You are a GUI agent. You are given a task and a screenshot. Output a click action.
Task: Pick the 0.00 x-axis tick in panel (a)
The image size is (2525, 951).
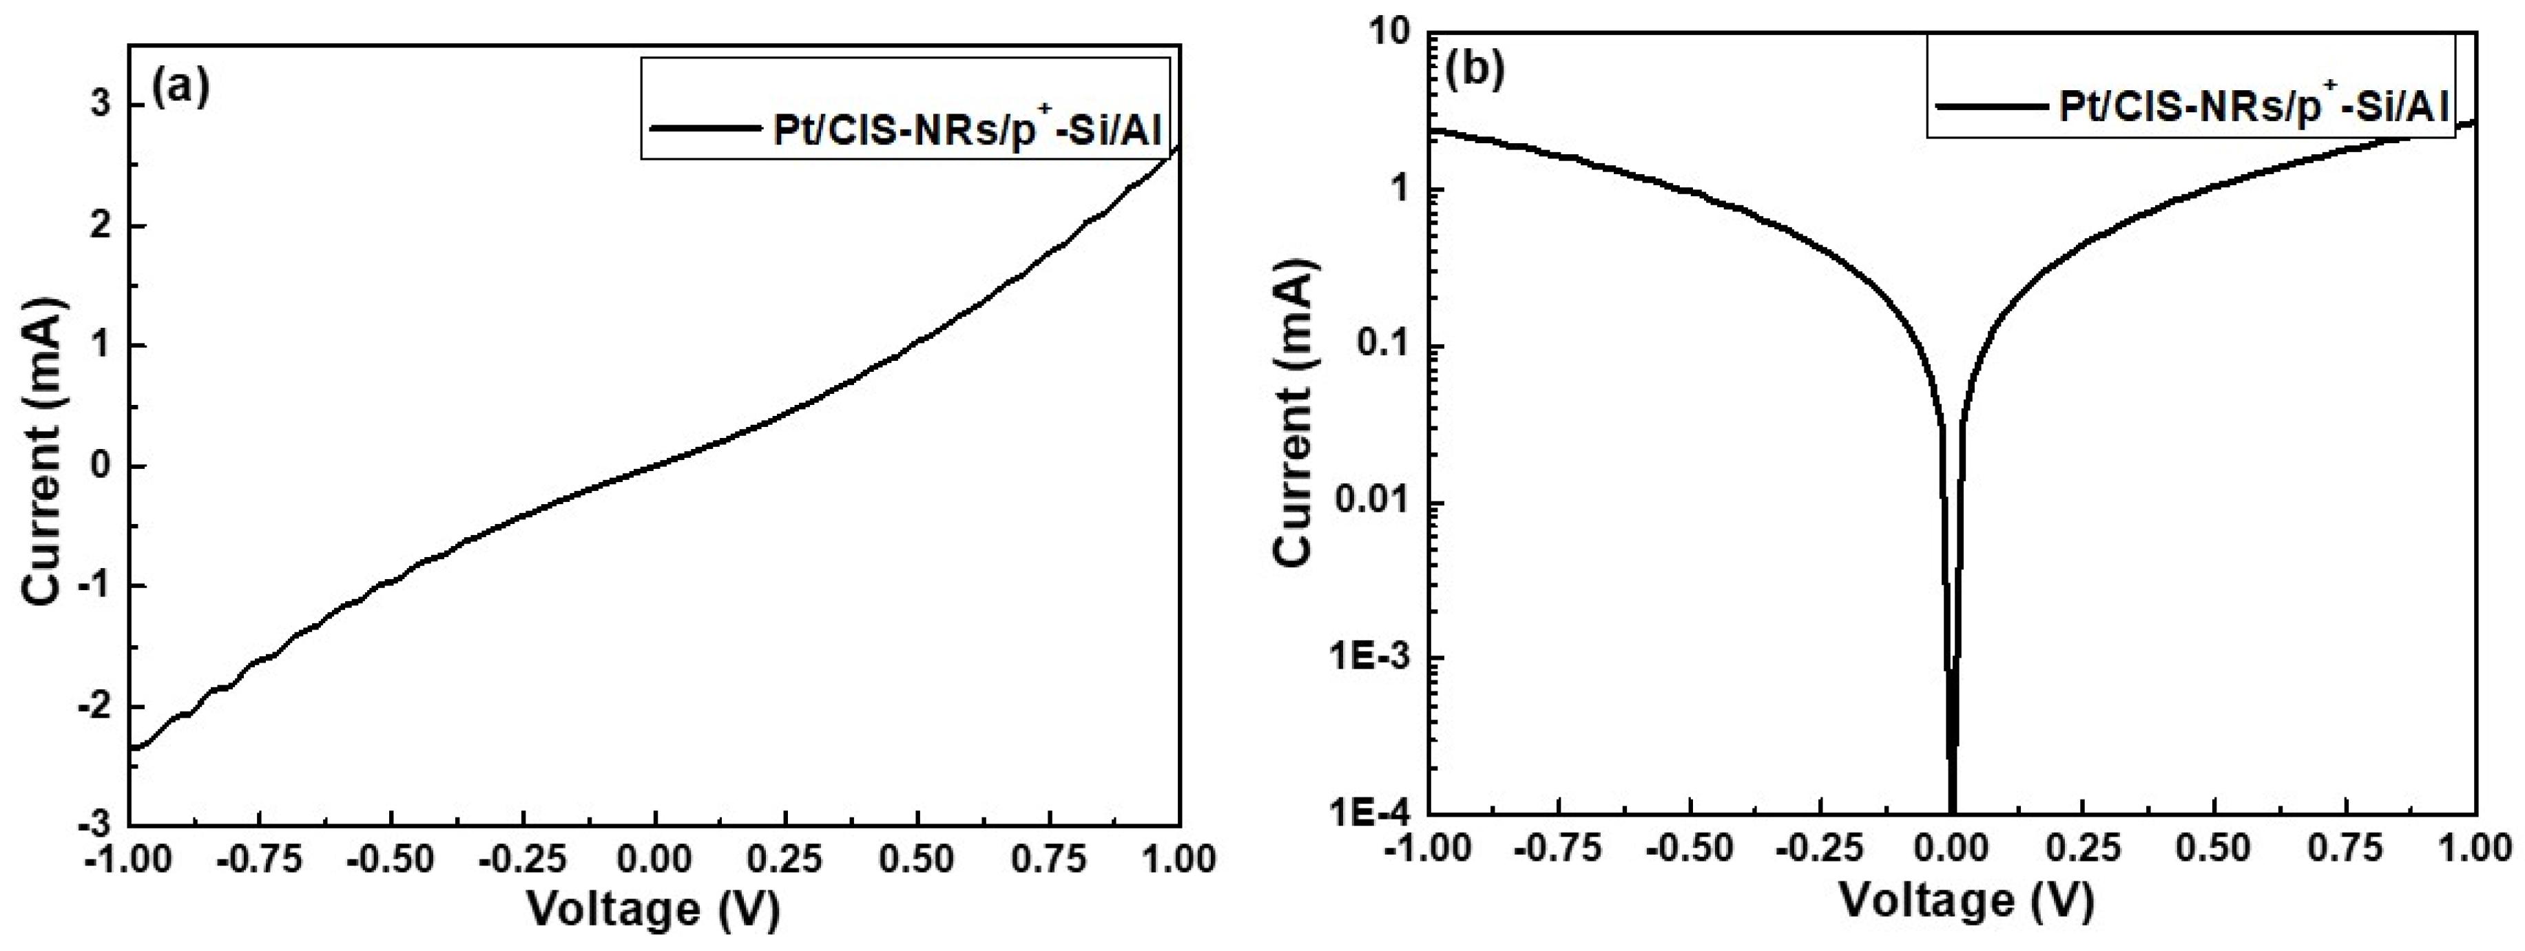[655, 860]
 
